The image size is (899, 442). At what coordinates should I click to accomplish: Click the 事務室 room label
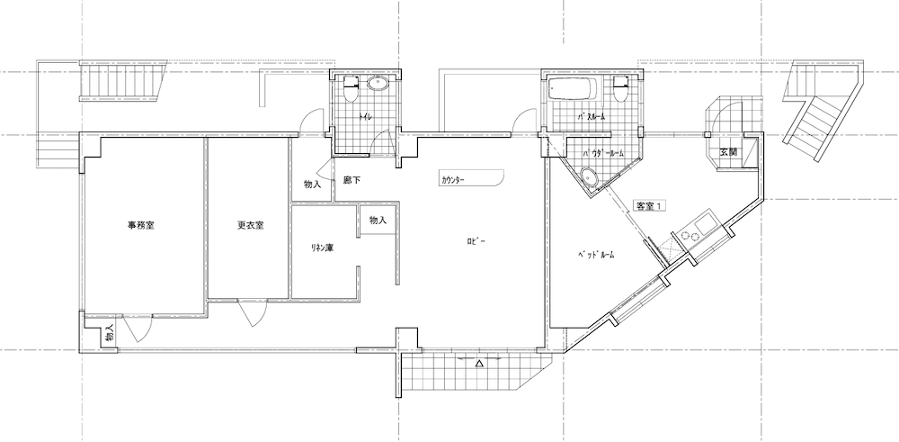[x=140, y=226]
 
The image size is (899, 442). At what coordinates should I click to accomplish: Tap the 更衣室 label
[x=251, y=226]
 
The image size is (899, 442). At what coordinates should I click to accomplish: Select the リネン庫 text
[x=322, y=248]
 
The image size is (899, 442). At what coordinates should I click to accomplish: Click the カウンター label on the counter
[x=453, y=180]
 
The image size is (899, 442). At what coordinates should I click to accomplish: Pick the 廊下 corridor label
[x=352, y=180]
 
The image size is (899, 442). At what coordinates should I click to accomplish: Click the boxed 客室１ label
[x=650, y=205]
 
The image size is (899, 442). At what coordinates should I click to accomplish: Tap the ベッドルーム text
[x=596, y=256]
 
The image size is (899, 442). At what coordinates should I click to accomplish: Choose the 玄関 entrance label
[x=729, y=153]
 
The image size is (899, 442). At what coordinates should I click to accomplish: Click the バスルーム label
[x=592, y=116]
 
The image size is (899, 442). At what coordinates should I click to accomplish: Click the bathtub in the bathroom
[x=573, y=89]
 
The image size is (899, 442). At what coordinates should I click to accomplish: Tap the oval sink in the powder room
[x=588, y=176]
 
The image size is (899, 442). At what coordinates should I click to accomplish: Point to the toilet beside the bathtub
[x=620, y=88]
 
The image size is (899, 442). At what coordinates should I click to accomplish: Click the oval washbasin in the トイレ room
[x=378, y=85]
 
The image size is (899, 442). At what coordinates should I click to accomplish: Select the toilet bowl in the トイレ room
[x=351, y=88]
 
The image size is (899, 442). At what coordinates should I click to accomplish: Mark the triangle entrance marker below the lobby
[x=480, y=364]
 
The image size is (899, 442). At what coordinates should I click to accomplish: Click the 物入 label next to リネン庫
[x=378, y=221]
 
